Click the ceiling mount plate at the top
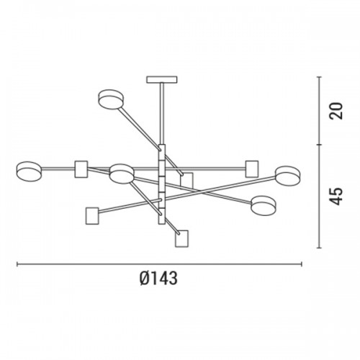[x=162, y=79]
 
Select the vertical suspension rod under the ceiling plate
[x=162, y=114]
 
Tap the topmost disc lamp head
[x=112, y=99]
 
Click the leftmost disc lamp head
[x=29, y=171]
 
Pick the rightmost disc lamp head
[x=288, y=176]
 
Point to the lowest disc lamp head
[x=264, y=205]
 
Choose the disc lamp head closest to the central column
[x=122, y=174]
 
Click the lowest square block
[x=181, y=238]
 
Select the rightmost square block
[x=252, y=169]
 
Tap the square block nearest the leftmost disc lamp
[x=81, y=169]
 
